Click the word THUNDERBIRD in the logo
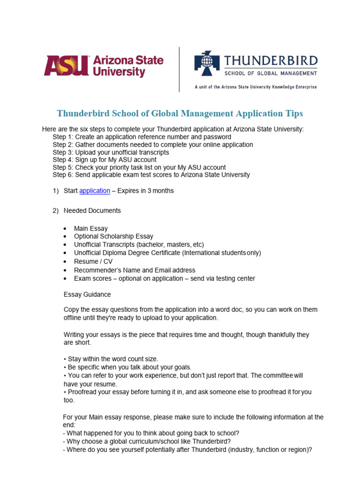click(x=271, y=60)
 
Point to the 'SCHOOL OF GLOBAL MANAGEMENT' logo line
click(x=271, y=73)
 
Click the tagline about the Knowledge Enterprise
click(x=255, y=87)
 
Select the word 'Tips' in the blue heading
click(x=293, y=113)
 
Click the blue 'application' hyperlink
click(x=95, y=191)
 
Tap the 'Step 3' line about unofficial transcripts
click(x=111, y=152)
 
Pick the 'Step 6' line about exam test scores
click(x=151, y=175)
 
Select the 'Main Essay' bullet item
click(x=90, y=229)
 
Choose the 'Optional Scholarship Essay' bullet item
click(x=113, y=237)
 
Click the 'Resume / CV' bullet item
click(x=93, y=262)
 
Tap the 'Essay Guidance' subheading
click(x=87, y=294)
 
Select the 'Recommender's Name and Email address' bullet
click(x=135, y=270)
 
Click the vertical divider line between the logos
click(x=180, y=69)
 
